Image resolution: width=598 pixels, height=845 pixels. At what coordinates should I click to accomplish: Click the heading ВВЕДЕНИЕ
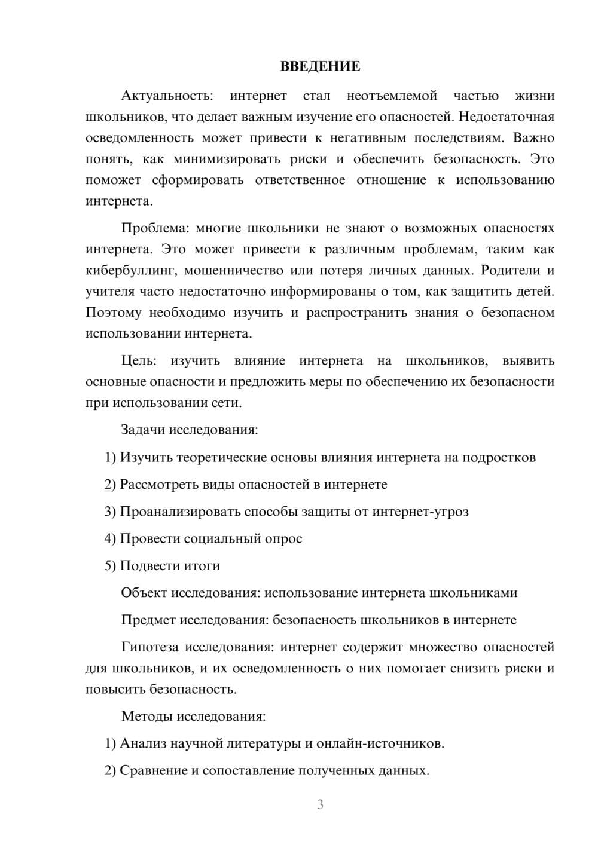tap(320, 66)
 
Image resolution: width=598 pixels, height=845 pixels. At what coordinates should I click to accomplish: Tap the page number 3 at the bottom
tap(320, 804)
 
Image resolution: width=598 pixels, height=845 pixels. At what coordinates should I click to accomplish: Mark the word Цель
tap(139, 361)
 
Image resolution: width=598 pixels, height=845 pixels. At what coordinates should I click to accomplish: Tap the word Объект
tap(144, 593)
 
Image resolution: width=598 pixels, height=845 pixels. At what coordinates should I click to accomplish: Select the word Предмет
tap(148, 620)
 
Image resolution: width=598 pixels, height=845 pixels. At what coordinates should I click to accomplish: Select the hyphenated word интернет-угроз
tap(420, 512)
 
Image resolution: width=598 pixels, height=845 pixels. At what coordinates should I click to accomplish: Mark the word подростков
tap(499, 458)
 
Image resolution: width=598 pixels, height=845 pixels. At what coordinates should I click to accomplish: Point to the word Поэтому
tap(114, 313)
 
